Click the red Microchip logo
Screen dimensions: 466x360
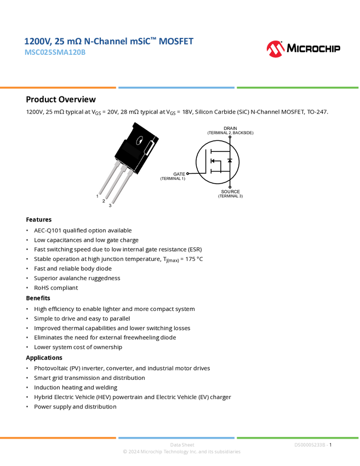276,49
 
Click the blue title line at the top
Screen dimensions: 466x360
109,42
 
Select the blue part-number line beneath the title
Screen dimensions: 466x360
55,53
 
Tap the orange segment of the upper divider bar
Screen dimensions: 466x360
58,88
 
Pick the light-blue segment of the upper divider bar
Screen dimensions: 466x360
176,88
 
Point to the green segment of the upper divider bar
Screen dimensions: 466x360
298,88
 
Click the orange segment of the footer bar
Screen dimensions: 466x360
58,437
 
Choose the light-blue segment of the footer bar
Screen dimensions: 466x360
176,437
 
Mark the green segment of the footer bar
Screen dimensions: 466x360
298,437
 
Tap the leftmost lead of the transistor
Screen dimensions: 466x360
107,178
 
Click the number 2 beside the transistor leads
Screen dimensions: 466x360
104,201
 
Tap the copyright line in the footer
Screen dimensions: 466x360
181,452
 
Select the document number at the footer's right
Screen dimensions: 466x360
311,445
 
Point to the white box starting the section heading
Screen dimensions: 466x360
13,99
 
